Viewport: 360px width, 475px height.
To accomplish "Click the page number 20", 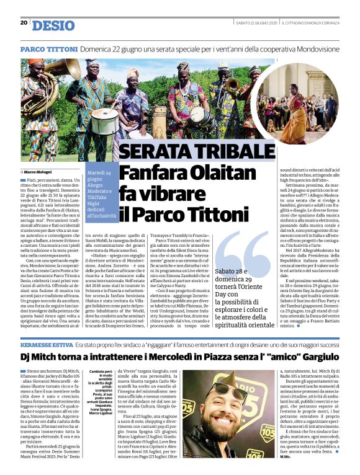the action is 24,23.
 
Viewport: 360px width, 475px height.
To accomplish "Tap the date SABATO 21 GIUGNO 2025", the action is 255,23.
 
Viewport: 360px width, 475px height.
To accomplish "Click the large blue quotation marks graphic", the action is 245,251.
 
